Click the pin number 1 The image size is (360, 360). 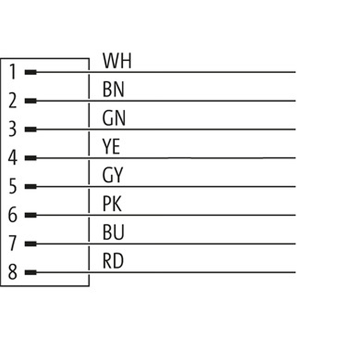(x=13, y=72)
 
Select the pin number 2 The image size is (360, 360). (x=13, y=101)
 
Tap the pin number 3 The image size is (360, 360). (x=13, y=130)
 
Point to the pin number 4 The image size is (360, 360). (x=13, y=158)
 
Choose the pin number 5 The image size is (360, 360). (x=13, y=187)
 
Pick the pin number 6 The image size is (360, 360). (x=13, y=215)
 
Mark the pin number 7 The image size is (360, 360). (x=13, y=244)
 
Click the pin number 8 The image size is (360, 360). (x=13, y=272)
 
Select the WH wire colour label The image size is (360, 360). (x=117, y=61)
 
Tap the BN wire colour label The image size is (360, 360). (x=113, y=90)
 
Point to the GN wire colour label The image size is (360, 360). (x=114, y=118)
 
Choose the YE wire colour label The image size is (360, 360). (x=112, y=147)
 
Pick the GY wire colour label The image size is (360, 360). (x=112, y=175)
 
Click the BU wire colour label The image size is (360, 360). (x=113, y=233)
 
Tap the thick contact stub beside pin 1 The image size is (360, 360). (x=31, y=72)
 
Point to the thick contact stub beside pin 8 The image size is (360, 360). (x=31, y=272)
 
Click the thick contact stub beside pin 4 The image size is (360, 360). (x=31, y=158)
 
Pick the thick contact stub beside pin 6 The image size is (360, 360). (x=31, y=215)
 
